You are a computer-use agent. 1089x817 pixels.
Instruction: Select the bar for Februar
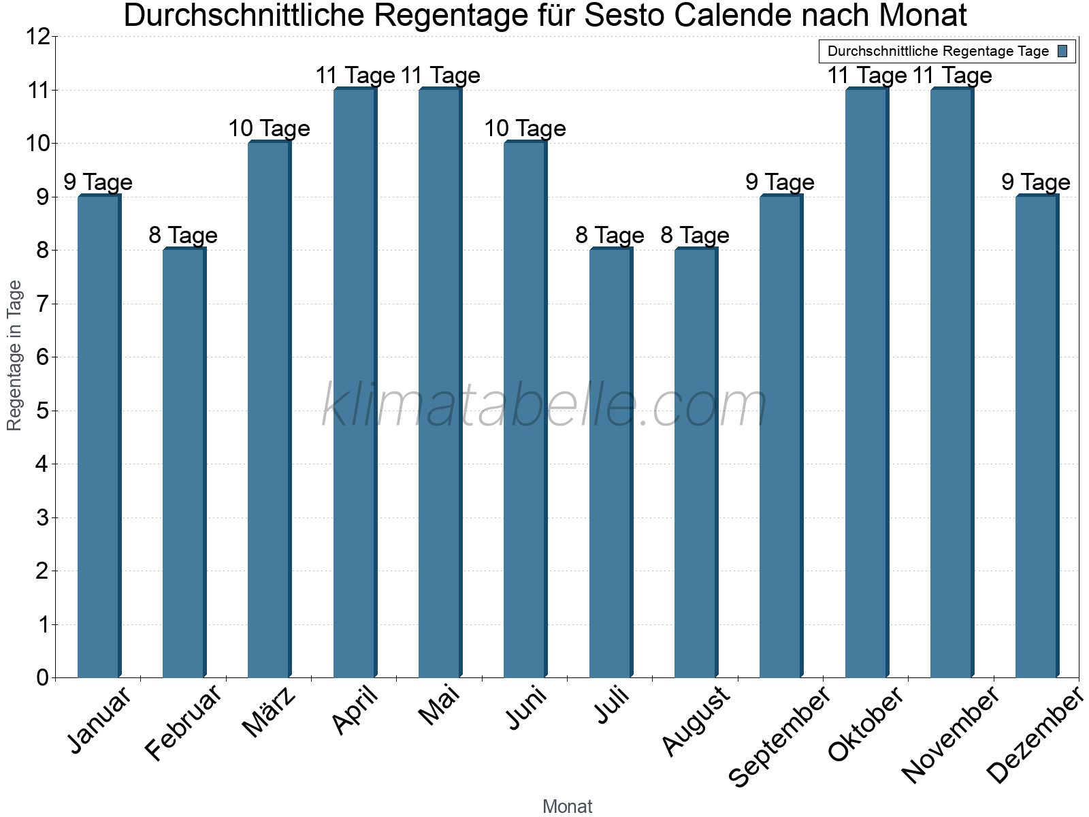(184, 463)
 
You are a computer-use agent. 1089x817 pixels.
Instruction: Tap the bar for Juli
(611, 463)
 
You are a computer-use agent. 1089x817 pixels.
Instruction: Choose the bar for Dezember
(1037, 436)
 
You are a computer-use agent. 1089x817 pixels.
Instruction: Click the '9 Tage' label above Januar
(98, 182)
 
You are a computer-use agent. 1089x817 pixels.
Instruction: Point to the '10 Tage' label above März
(269, 129)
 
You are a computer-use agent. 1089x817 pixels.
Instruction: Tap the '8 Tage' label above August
(695, 236)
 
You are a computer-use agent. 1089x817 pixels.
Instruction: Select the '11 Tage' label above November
(952, 76)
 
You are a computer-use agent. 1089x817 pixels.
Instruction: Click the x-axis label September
(780, 735)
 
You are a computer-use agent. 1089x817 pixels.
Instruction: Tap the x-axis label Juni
(526, 708)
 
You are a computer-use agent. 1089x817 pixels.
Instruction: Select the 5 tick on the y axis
(43, 411)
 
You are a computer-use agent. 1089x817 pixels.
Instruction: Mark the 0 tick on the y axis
(43, 677)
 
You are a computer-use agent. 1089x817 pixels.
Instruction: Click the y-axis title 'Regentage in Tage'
(14, 355)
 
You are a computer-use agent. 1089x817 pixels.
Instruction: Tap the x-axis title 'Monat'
(567, 806)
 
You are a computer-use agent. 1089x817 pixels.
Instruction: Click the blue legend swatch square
(1063, 51)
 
